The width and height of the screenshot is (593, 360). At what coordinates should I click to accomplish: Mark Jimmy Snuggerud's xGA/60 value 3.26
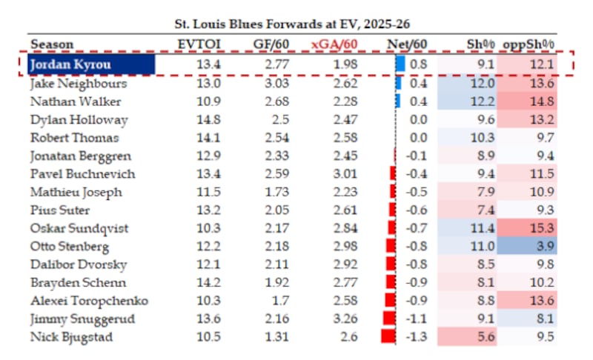click(345, 319)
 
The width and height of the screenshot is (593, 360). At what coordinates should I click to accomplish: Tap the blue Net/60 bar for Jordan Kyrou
click(400, 64)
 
